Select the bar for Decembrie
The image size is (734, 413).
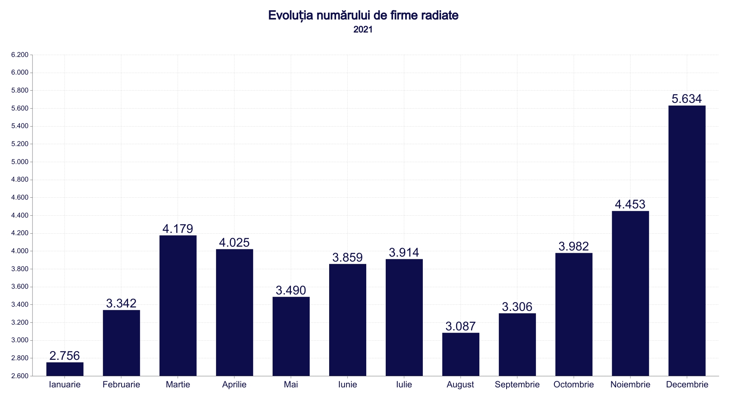[x=687, y=241]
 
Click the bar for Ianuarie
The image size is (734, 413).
[x=65, y=369]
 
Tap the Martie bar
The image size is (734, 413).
[x=178, y=306]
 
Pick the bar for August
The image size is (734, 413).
[x=461, y=354]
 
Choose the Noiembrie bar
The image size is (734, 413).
[x=630, y=293]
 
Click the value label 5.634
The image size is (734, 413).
[x=687, y=99]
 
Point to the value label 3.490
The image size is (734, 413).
[x=291, y=291]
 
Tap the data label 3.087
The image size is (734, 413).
[x=461, y=327]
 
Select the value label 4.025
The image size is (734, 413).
[x=234, y=243]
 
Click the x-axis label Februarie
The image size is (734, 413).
[x=121, y=385]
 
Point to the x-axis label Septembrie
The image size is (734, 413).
[x=517, y=385]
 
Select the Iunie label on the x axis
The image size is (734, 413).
[x=348, y=385]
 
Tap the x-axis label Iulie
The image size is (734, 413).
[x=404, y=385]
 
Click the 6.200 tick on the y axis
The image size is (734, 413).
[x=20, y=55]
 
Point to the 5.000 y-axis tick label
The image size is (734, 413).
[x=20, y=162]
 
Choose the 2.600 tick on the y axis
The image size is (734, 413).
[x=20, y=376]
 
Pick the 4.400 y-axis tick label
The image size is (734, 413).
[x=20, y=216]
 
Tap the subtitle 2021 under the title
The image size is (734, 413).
[x=363, y=30]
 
